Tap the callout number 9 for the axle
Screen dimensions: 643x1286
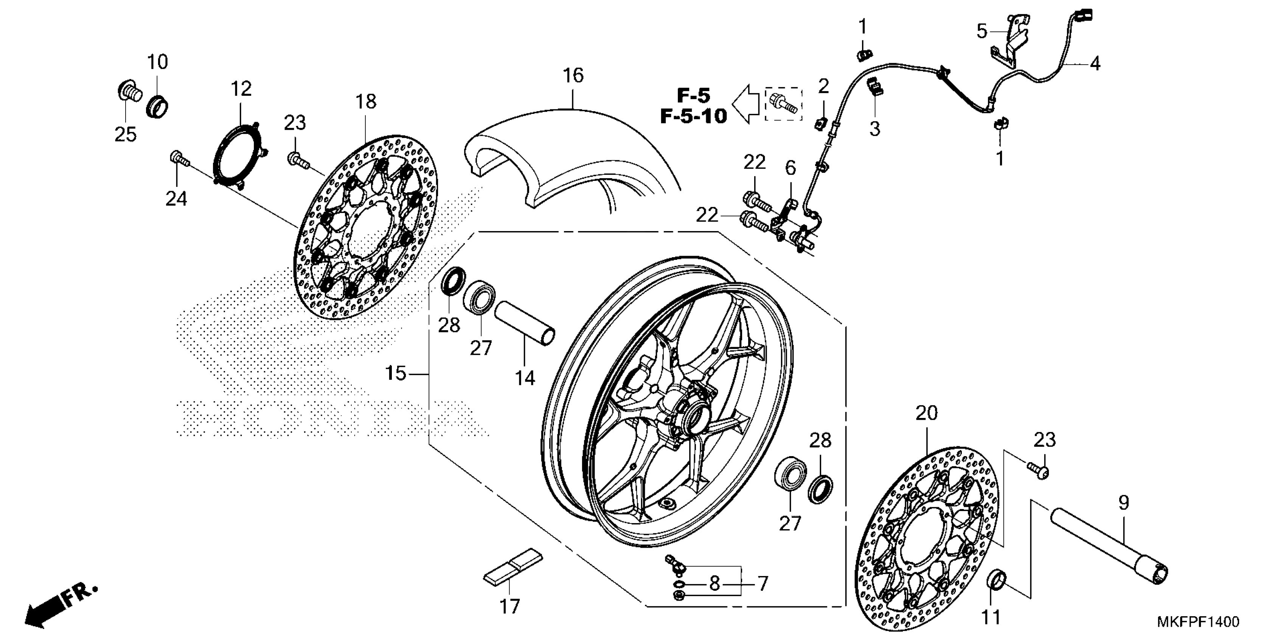1123,503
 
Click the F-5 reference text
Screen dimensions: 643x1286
693,95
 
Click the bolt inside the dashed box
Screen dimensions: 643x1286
784,104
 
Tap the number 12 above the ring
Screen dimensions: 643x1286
241,89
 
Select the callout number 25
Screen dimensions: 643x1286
125,134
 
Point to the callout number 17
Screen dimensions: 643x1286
510,607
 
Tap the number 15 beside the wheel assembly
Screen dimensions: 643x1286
396,373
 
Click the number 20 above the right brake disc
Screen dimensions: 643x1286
927,413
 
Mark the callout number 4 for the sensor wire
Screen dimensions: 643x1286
1095,64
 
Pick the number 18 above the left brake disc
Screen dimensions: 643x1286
366,102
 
